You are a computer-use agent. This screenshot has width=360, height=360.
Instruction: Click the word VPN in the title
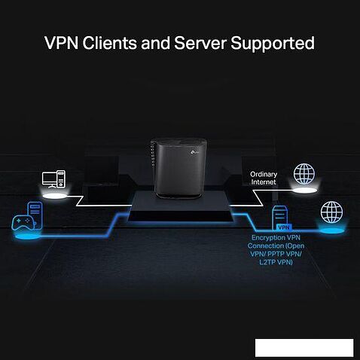tap(64, 43)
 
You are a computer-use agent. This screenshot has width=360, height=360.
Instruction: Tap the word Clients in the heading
tap(117, 43)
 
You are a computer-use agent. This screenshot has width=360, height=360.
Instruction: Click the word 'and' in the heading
tap(165, 43)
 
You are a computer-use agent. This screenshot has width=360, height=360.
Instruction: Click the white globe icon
tap(304, 174)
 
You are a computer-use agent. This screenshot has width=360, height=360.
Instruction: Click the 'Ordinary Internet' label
tap(264, 178)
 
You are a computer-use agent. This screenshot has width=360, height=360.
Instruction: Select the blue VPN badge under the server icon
tap(283, 226)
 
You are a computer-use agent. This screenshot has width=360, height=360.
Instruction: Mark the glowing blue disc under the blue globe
tap(331, 231)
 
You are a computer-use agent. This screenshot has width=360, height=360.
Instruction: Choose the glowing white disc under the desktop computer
tap(58, 196)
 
